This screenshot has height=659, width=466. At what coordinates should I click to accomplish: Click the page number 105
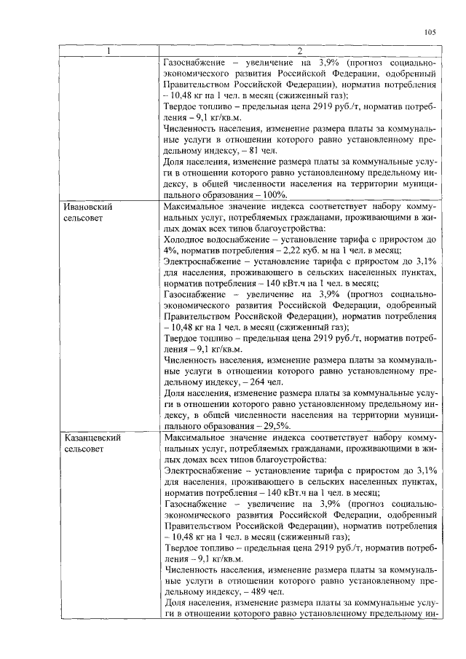[429, 31]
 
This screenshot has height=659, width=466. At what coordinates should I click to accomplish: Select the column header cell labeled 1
[109, 50]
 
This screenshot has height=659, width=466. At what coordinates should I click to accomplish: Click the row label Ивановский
[85, 207]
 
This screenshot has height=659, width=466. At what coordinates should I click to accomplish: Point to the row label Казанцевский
[90, 438]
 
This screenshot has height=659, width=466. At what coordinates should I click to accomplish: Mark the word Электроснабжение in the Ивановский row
[205, 261]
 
